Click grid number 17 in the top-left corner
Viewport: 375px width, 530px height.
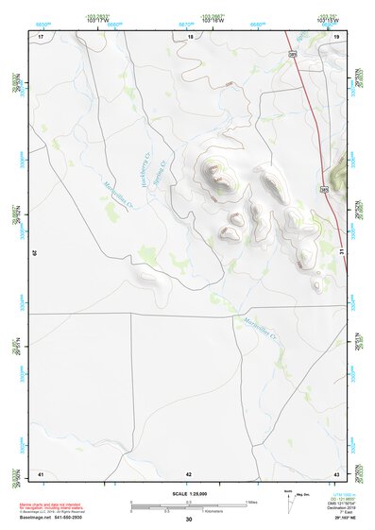point(41,36)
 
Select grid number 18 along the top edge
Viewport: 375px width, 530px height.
point(190,36)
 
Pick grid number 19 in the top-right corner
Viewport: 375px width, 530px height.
point(336,36)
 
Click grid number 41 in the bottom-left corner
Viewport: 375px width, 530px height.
point(41,472)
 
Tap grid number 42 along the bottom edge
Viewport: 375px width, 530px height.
point(189,472)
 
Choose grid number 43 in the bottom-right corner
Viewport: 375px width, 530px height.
point(336,472)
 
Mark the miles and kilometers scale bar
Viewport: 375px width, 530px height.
point(189,505)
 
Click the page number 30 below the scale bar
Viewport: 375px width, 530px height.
point(189,520)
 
